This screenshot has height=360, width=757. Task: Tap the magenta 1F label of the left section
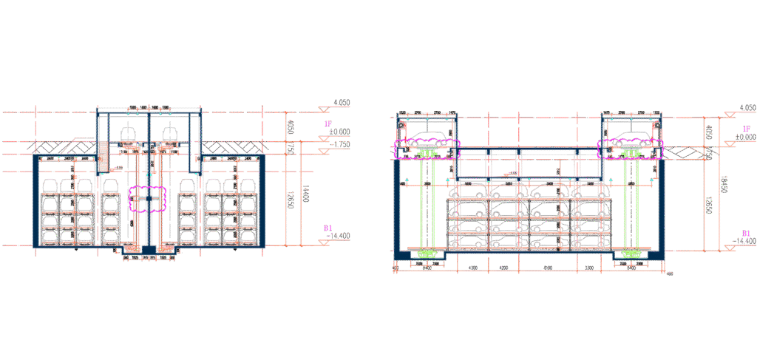pos(327,125)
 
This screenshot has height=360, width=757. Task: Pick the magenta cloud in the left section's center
pos(149,200)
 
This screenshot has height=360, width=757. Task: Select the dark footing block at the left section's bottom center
pos(149,251)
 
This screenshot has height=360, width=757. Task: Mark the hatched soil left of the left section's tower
pos(67,148)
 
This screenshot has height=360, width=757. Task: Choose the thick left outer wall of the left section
pos(35,201)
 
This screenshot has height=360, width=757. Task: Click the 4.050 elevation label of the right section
pos(747,108)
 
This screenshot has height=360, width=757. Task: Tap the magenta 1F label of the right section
pos(745,129)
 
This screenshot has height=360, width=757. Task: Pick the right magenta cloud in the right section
pos(631,149)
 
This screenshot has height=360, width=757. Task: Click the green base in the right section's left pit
pos(427,254)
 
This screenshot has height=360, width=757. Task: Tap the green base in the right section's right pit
pos(631,254)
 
